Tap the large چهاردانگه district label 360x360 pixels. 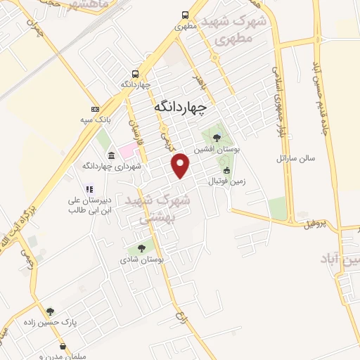tap(181, 107)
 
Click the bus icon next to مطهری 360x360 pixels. tap(185, 15)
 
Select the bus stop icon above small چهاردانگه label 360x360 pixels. tap(134, 73)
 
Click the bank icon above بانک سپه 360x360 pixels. tap(95, 109)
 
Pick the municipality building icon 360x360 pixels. tap(112, 155)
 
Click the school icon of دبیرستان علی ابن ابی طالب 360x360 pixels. tap(89, 188)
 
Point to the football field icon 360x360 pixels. tap(226, 170)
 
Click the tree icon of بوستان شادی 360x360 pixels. tap(142, 247)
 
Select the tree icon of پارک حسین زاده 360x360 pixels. tap(50, 311)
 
